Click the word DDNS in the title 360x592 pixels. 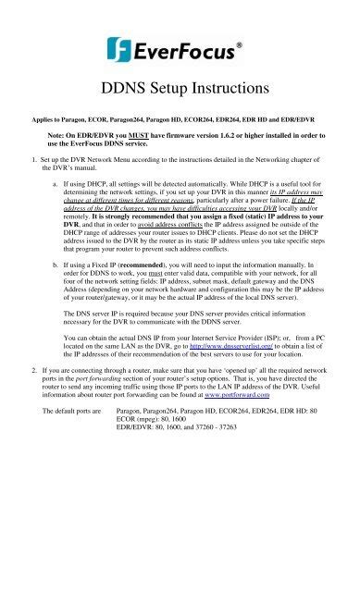point(118,90)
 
